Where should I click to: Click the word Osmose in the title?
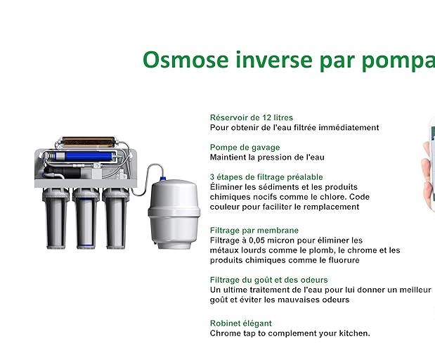point(186,60)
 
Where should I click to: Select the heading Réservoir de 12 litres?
point(252,117)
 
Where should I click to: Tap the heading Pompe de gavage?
point(245,148)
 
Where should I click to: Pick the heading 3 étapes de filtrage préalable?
point(266,177)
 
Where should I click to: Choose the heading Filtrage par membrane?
point(254,231)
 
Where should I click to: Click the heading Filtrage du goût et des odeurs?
point(269,280)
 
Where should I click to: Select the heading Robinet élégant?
point(241,323)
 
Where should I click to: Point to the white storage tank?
point(174,214)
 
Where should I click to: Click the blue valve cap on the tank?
point(163,179)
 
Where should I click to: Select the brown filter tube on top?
point(89,141)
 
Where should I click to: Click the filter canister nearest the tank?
point(115,218)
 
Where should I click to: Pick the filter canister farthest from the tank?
point(56,218)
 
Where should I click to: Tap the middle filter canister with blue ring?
point(86,218)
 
